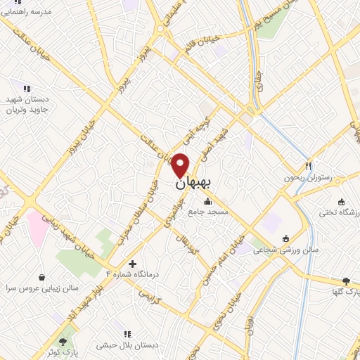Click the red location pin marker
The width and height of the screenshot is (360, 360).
tap(181, 165)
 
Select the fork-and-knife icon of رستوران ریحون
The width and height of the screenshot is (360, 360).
tap(309, 166)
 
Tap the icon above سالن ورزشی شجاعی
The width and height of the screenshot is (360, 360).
tap(285, 238)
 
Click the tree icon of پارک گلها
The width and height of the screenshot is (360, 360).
tap(345, 280)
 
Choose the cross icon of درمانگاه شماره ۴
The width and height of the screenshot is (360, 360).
tap(132, 264)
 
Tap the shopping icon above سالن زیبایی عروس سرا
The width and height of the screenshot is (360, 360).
tap(42, 277)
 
